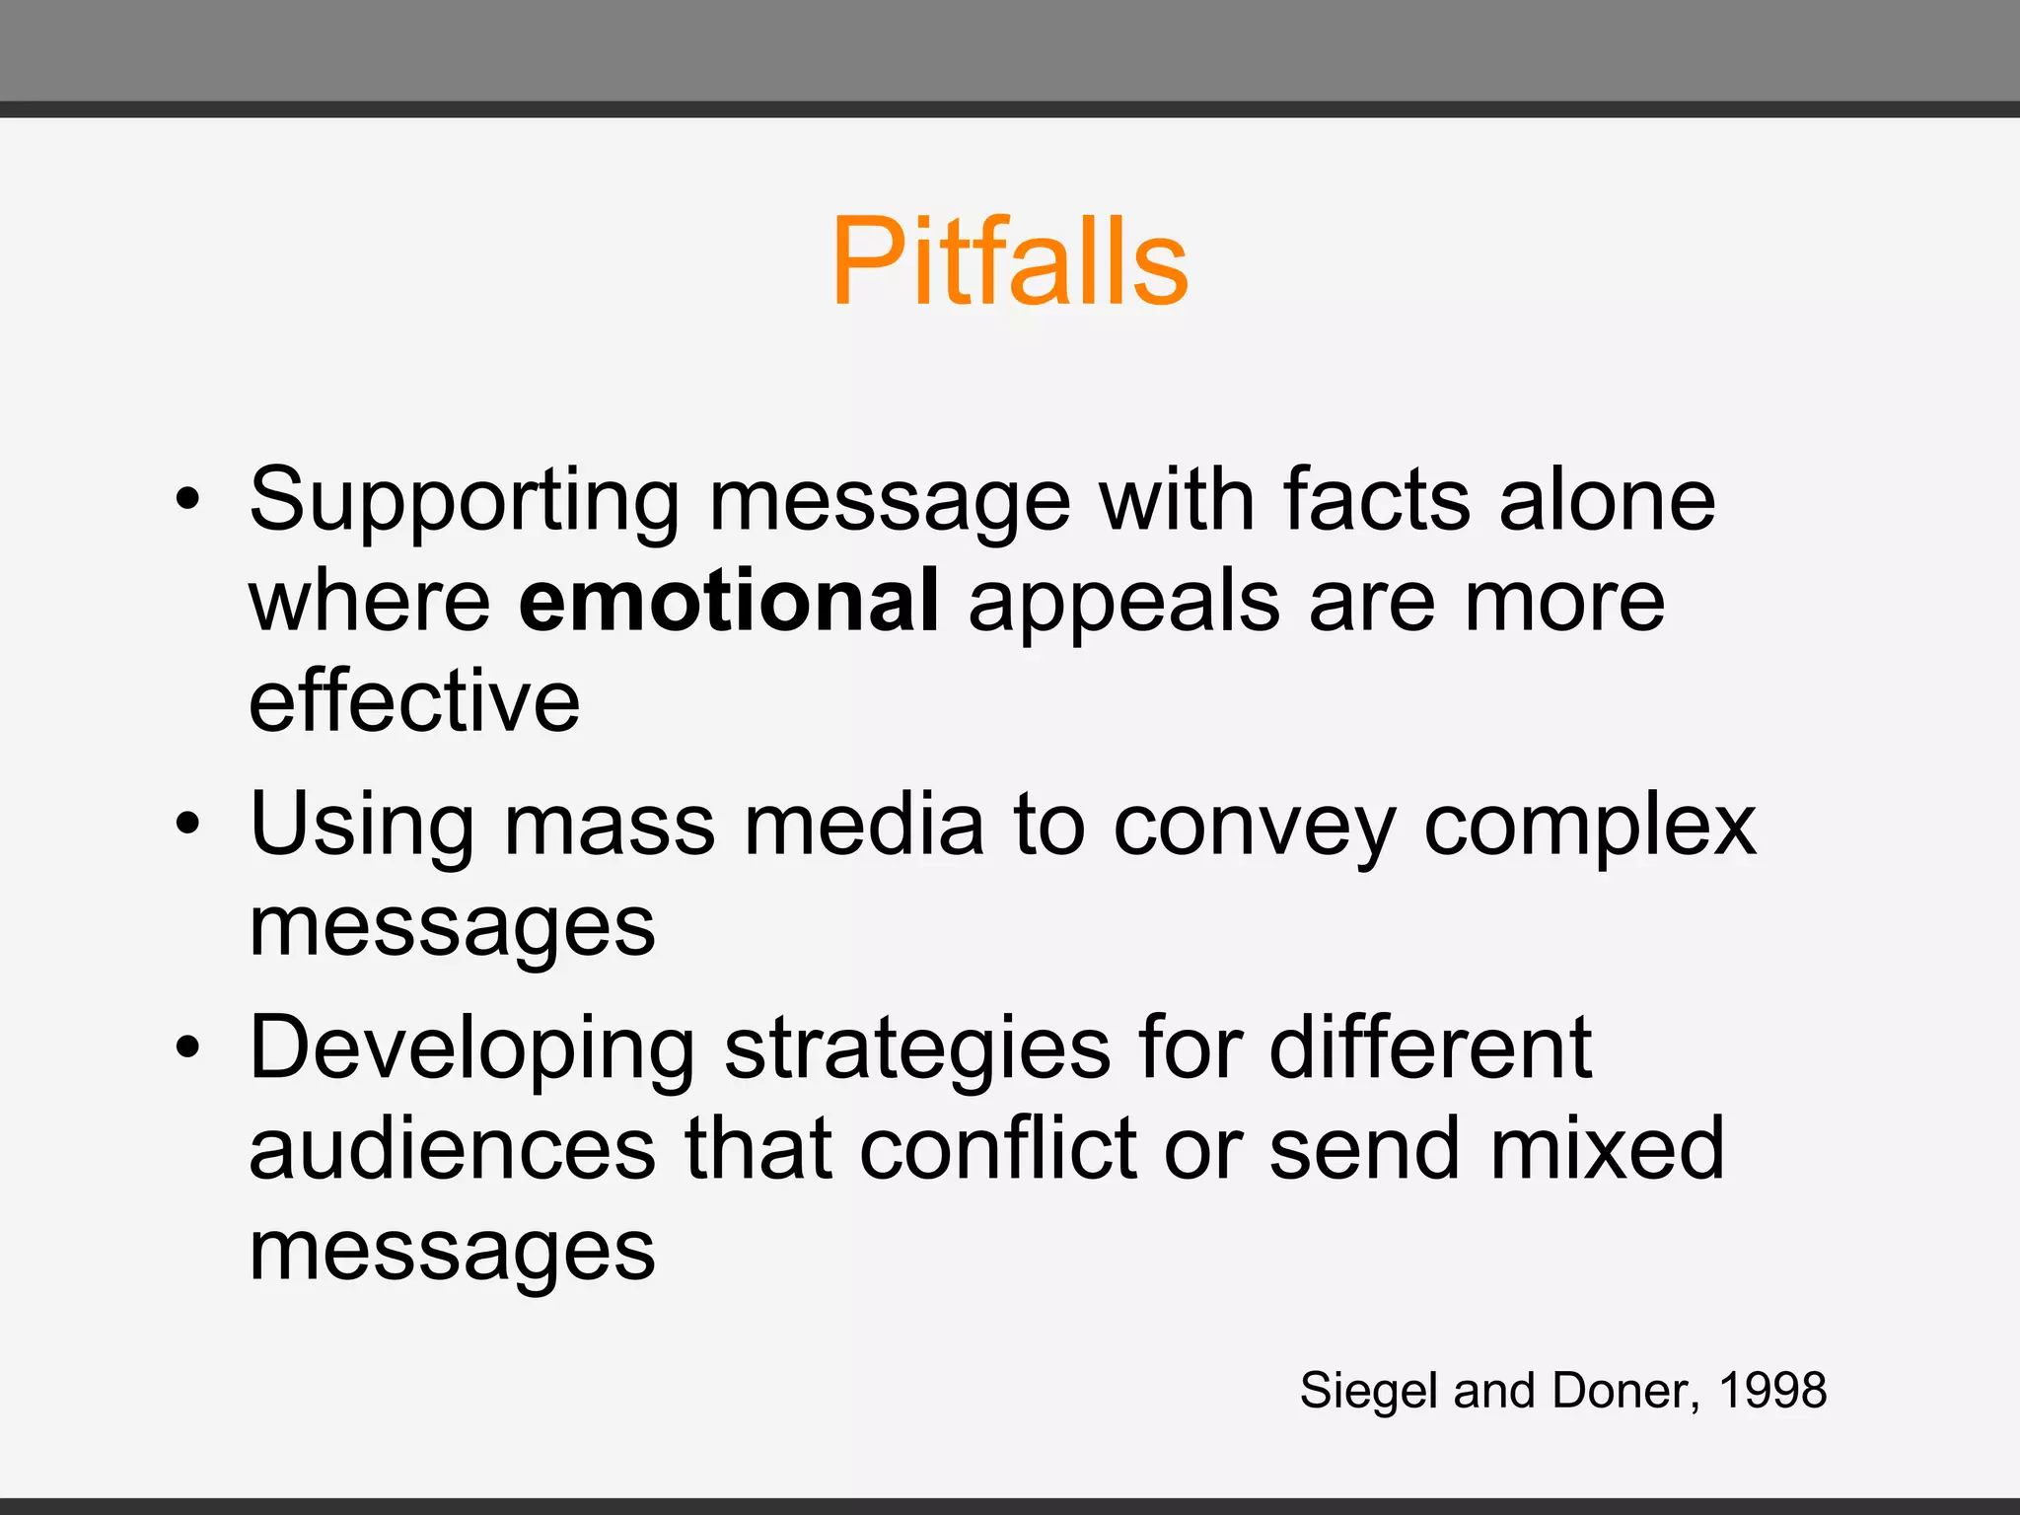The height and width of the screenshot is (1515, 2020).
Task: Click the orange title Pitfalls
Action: tap(1009, 261)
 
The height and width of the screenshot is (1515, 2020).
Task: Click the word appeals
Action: tap(1124, 604)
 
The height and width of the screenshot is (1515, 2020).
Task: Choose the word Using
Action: tap(362, 827)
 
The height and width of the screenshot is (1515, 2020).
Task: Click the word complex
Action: tap(1590, 827)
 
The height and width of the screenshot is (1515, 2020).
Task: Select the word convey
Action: tap(1256, 827)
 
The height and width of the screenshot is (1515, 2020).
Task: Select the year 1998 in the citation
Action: tap(1772, 1391)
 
